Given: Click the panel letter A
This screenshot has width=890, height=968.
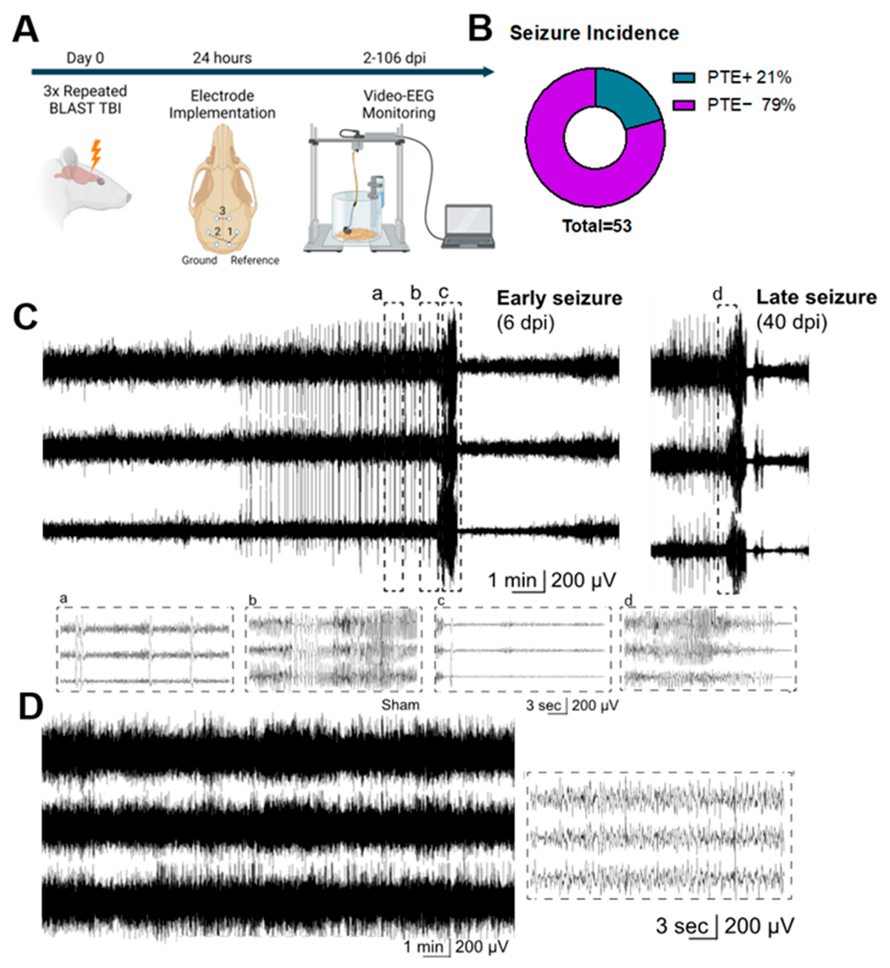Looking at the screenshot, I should [x=25, y=30].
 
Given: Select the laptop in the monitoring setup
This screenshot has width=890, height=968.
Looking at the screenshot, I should [x=468, y=227].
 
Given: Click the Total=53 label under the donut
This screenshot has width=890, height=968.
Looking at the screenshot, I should [x=597, y=226].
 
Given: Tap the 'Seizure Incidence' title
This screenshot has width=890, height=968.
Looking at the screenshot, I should [x=594, y=33].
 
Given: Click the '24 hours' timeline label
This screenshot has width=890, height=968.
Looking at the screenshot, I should [x=222, y=58].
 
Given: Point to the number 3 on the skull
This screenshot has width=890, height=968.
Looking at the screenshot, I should [x=222, y=211].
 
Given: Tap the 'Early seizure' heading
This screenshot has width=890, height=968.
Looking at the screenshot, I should [x=559, y=298].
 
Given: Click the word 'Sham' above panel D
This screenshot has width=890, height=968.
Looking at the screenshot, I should [x=400, y=705].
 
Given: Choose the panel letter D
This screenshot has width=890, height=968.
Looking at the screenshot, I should [x=30, y=707].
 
